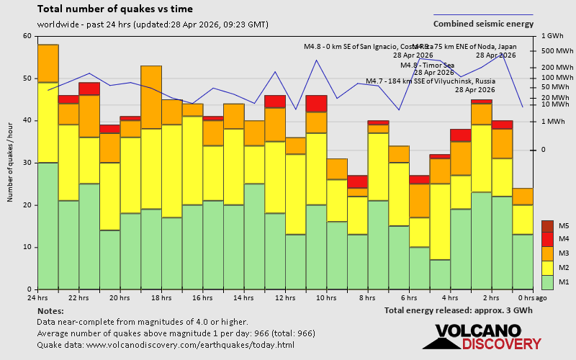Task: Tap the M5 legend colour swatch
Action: (547, 225)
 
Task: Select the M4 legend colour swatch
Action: (547, 239)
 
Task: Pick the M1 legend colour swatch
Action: (547, 281)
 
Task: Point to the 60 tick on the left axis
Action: (27, 36)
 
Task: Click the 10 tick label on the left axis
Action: (27, 247)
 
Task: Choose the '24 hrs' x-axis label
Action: (37, 297)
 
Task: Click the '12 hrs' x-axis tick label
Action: (285, 297)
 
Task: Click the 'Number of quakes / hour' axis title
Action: (11, 162)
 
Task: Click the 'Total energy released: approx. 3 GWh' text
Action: (459, 310)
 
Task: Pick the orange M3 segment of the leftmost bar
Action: (48, 63)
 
